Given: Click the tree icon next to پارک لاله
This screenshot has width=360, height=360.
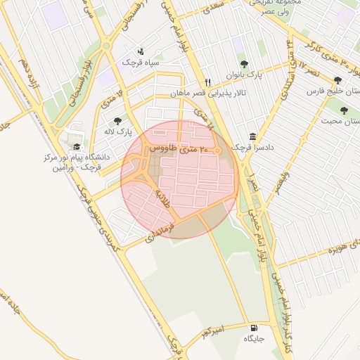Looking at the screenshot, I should tap(117, 121).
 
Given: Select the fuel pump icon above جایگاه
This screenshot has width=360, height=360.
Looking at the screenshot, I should tap(253, 328).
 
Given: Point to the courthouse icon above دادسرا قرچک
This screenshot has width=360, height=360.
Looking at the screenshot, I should tap(252, 136).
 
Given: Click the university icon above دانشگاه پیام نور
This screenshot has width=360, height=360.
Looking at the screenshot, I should tap(76, 146).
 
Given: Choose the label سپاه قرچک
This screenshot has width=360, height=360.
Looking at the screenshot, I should tap(141, 63).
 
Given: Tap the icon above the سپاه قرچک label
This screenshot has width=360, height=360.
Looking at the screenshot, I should tap(141, 51).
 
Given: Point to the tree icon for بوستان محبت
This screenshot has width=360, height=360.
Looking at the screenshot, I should tap(344, 110).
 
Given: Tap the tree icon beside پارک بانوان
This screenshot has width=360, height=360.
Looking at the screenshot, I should tap(243, 64).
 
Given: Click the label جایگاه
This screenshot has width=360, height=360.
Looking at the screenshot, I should tap(253, 339).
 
